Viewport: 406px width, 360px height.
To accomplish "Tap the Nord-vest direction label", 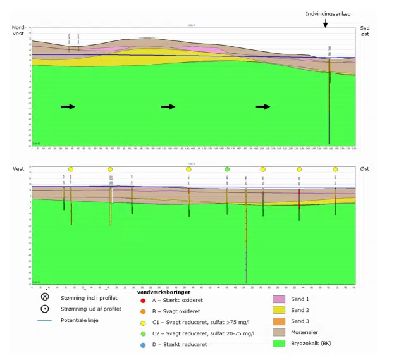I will point(19,31).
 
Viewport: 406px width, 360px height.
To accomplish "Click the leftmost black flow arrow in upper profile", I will point(68,106).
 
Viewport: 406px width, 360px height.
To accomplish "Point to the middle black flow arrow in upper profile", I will point(168,106).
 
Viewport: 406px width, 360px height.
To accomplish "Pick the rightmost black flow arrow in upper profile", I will point(262,106).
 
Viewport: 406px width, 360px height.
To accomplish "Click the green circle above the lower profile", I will point(227,169).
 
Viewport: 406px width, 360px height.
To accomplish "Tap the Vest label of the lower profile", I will point(19,168).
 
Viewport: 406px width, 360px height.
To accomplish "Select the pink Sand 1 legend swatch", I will point(280,299).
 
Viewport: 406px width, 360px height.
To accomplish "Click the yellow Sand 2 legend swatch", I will point(280,311).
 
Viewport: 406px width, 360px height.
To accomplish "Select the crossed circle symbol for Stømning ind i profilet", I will point(45,297).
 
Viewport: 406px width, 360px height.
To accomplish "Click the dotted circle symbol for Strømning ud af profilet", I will point(45,309).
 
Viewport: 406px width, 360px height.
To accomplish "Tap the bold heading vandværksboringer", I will point(163,292).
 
